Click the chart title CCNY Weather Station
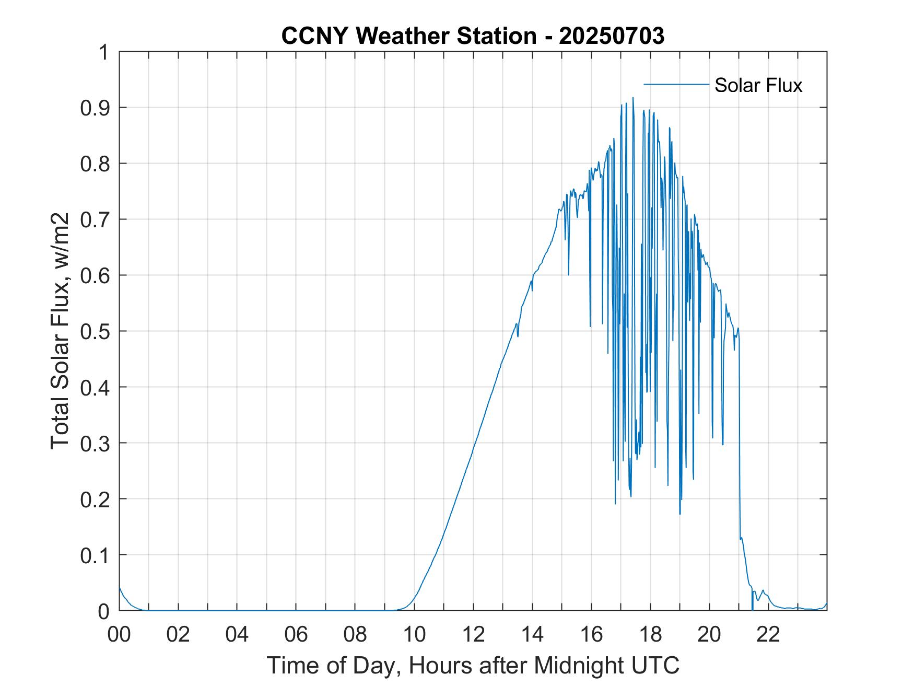click(408, 36)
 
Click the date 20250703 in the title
click(612, 36)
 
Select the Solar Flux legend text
click(758, 85)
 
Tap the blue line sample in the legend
click(676, 84)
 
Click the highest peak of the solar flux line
click(633, 98)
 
